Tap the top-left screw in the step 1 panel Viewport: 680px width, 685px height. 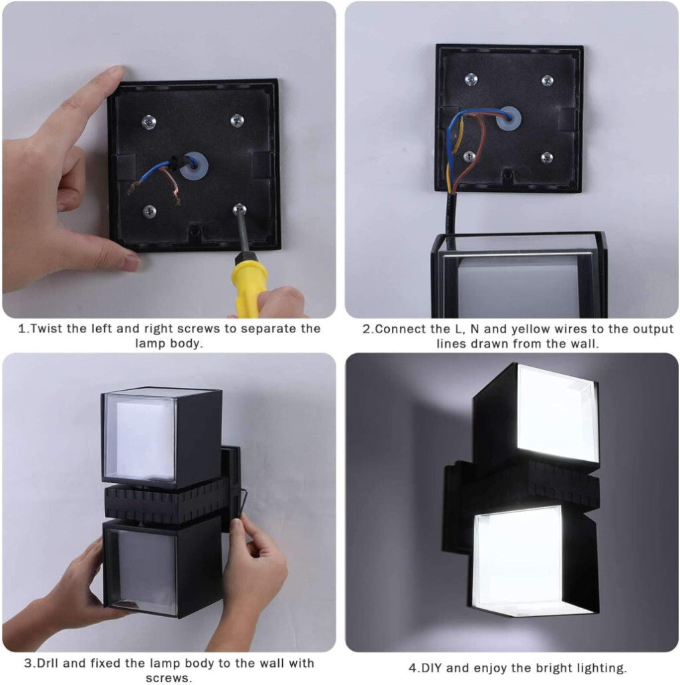pyautogui.click(x=149, y=122)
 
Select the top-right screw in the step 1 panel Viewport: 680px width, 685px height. pyautogui.click(x=237, y=120)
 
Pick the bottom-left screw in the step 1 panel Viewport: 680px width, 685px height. pyautogui.click(x=149, y=211)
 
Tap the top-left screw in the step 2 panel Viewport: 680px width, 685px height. pyautogui.click(x=471, y=79)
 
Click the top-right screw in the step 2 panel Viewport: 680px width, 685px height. pyautogui.click(x=547, y=80)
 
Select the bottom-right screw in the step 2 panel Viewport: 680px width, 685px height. pyautogui.click(x=547, y=157)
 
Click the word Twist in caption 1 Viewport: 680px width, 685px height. pyautogui.click(x=47, y=328)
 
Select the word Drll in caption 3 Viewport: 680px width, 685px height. pyautogui.click(x=48, y=663)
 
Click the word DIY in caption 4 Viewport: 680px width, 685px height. pyautogui.click(x=431, y=668)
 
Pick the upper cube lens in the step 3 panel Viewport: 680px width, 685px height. pyautogui.click(x=140, y=437)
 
